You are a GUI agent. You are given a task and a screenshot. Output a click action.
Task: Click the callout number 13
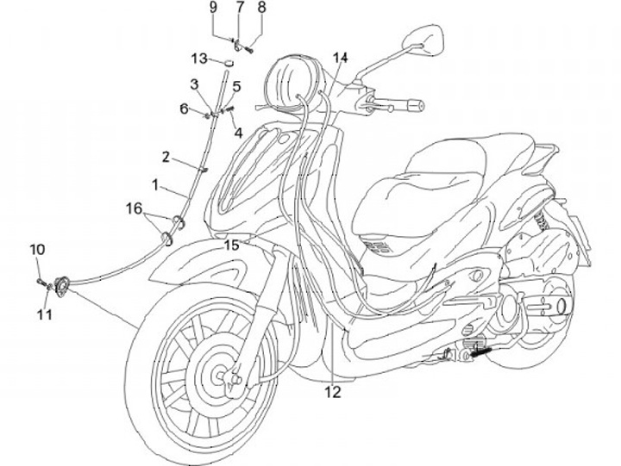pos(200,59)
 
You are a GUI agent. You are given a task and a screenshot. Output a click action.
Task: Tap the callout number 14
pos(341,59)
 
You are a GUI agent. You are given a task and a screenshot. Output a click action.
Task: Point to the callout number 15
pos(232,245)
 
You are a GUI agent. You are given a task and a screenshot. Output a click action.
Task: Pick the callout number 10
pos(37,250)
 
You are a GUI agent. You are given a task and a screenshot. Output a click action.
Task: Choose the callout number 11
pos(44,315)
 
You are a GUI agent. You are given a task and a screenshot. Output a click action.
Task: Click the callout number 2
pos(166,157)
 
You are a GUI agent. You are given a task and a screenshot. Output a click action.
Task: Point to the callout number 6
pos(184,109)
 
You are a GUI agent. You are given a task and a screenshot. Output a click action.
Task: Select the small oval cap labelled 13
pos(230,61)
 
